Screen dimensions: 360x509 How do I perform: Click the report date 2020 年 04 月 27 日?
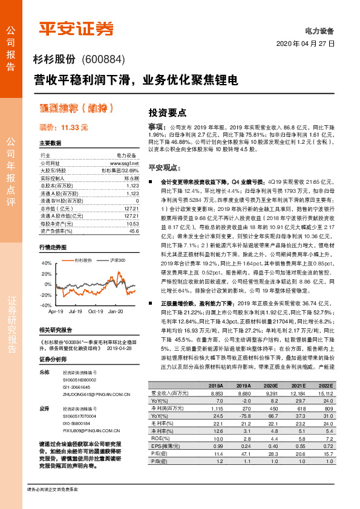click(x=305, y=44)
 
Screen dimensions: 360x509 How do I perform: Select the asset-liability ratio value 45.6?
click(x=134, y=231)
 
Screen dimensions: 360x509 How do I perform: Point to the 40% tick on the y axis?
click(x=46, y=264)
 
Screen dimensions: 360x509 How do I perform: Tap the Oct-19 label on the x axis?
click(x=96, y=311)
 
